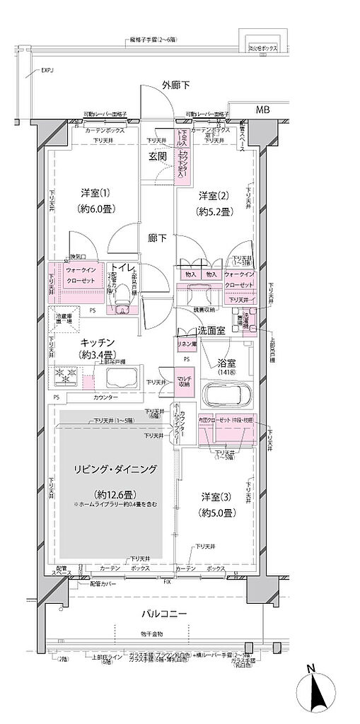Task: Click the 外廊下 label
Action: tap(175, 86)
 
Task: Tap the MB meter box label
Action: tap(262, 110)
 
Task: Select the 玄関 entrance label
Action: tap(158, 157)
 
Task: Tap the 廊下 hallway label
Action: tap(156, 238)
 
